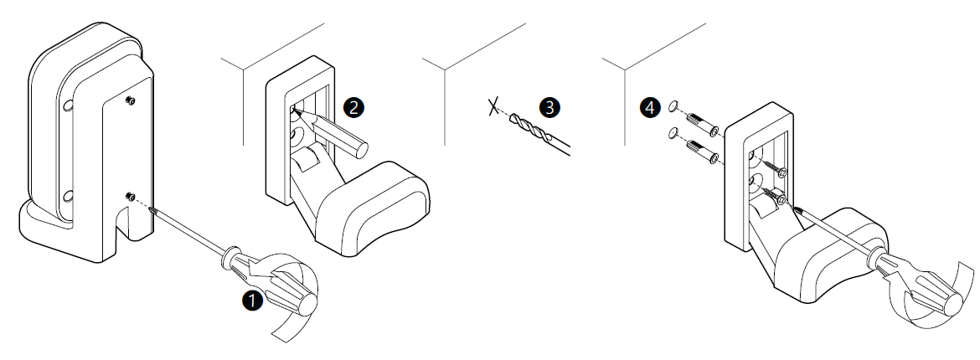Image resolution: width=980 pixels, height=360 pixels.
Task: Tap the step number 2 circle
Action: [x=353, y=106]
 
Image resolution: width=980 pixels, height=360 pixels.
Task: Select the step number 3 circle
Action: [x=549, y=106]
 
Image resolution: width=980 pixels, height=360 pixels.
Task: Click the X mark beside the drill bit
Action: [x=495, y=107]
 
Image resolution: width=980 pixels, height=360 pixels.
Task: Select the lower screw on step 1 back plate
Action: [x=130, y=197]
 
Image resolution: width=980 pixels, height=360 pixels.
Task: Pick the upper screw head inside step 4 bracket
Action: [x=781, y=172]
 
